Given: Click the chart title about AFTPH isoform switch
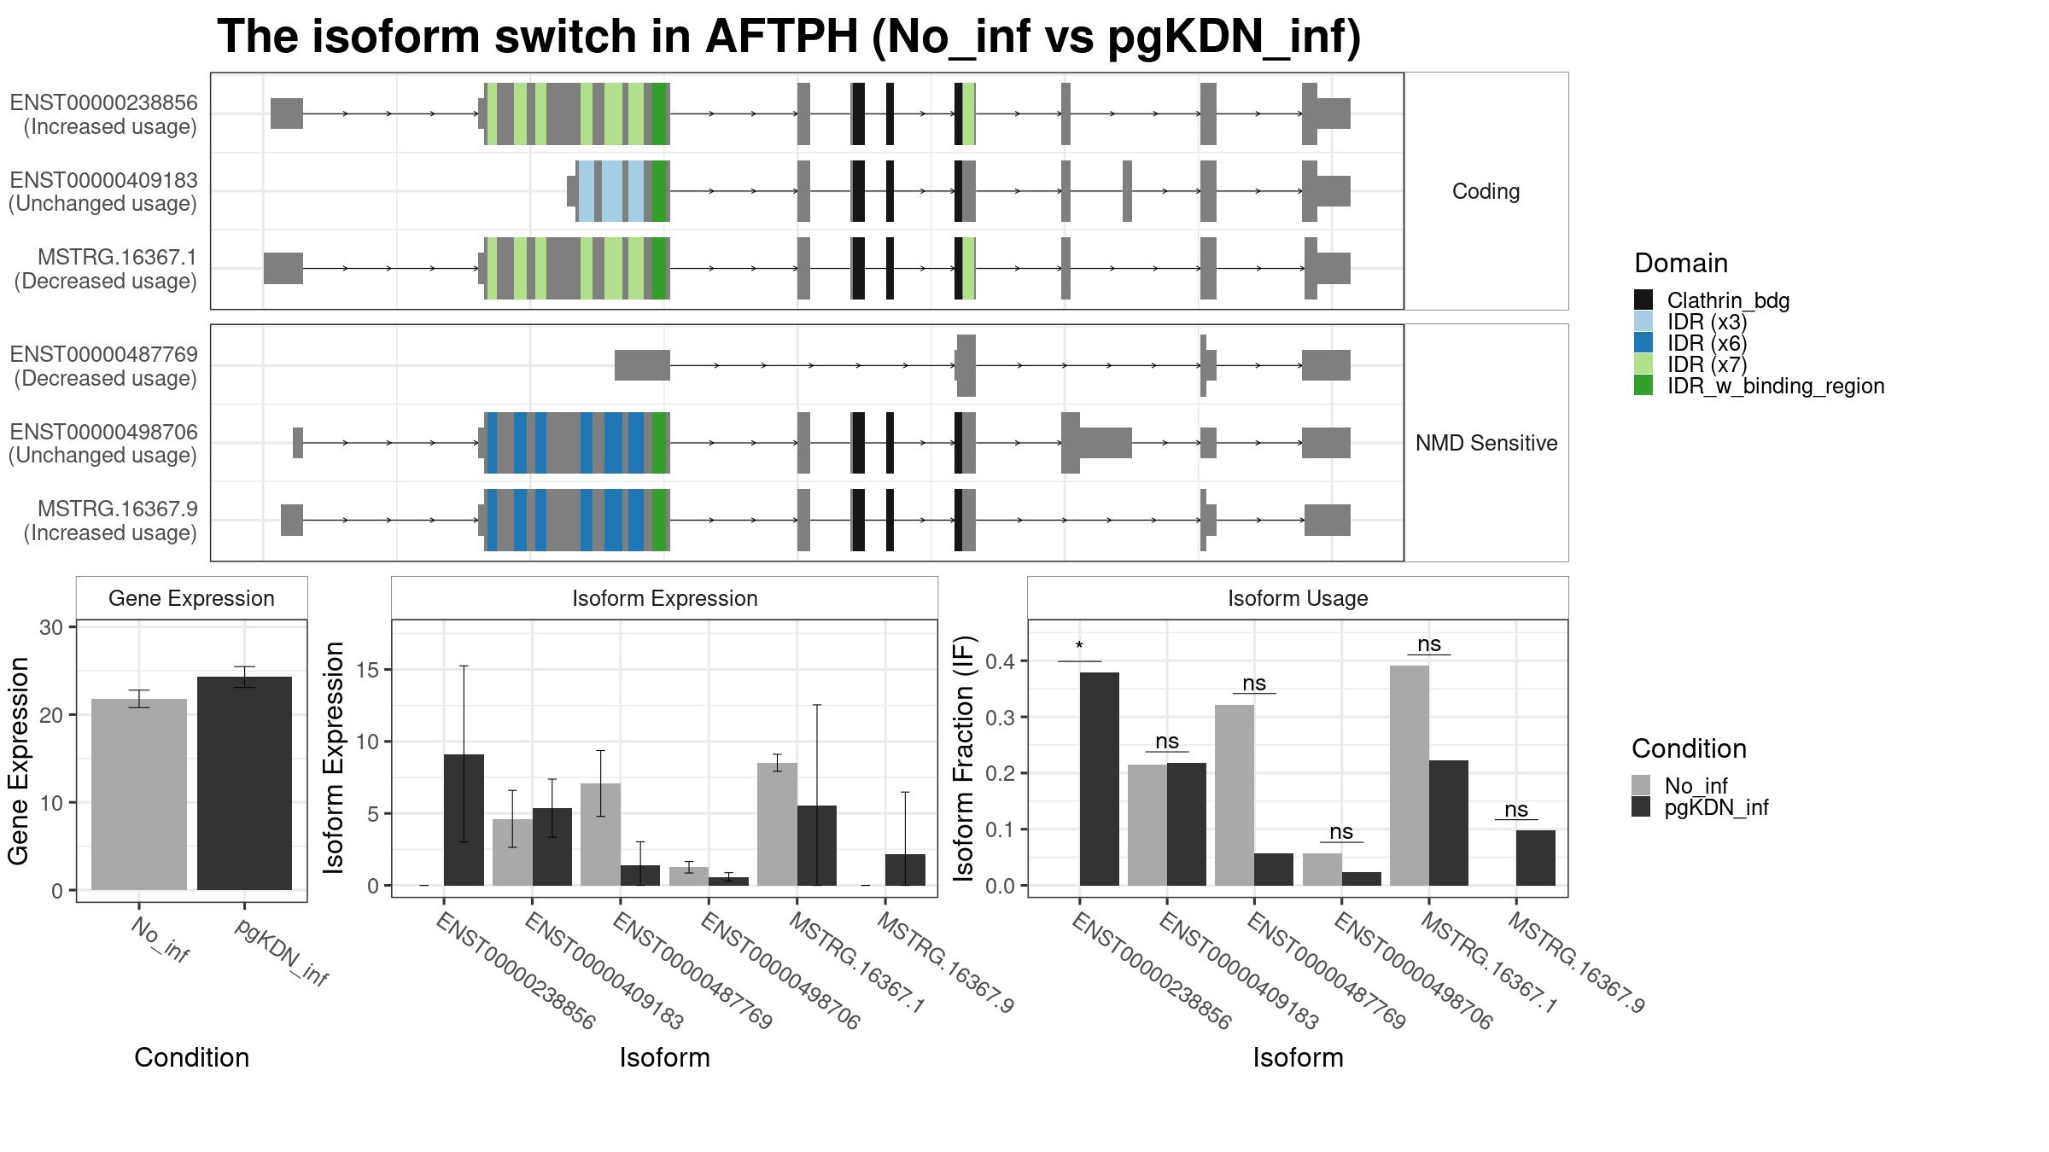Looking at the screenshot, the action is click(789, 37).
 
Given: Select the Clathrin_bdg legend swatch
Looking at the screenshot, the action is click(1643, 300).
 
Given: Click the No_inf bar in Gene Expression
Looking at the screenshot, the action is click(139, 794).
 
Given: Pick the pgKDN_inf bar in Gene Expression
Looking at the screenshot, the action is click(244, 783).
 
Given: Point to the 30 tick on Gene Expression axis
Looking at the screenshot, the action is click(52, 627).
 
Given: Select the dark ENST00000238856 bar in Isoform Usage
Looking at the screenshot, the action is click(1100, 779).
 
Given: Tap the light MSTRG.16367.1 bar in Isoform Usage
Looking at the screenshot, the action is click(1410, 776).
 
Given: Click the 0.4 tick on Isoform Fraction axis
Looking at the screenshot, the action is click(1001, 661).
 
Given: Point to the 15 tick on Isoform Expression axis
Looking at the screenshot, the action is click(368, 670).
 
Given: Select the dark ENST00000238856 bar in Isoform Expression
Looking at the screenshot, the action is click(464, 820).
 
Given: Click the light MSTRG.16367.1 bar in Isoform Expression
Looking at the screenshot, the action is click(777, 824).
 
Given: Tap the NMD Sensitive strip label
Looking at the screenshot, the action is click(1486, 443).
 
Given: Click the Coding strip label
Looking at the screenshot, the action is click(1486, 191).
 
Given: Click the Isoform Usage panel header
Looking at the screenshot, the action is click(1298, 598).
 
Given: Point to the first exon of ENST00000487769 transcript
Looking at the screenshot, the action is click(642, 365).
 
